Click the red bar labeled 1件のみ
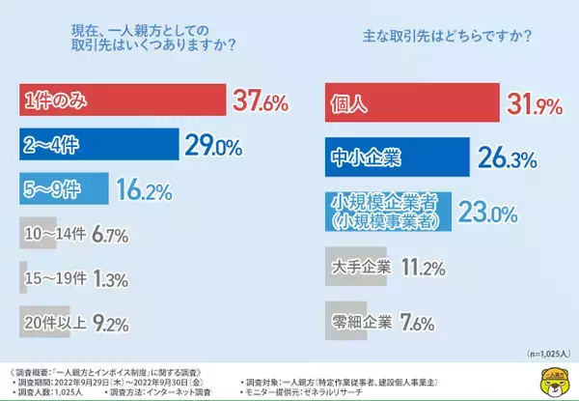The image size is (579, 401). click(x=121, y=100)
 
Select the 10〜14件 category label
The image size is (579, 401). click(x=60, y=234)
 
